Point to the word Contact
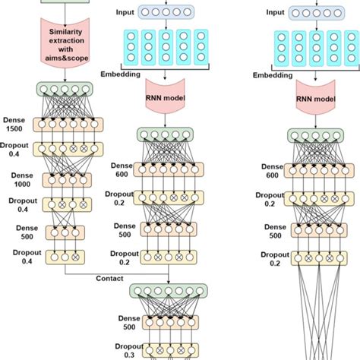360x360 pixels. tap(109, 279)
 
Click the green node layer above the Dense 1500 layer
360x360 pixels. tap(68, 89)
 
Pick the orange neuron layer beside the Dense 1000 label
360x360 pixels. tap(68, 180)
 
